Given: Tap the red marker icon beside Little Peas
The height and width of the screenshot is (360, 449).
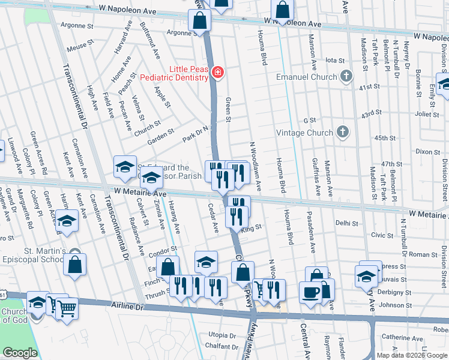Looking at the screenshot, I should [x=217, y=74].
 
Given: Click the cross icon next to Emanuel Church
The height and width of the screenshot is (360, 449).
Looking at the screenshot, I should [x=346, y=76].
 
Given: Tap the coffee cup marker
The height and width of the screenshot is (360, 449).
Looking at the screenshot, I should [x=310, y=292].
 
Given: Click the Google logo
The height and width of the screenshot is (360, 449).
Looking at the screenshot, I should [x=20, y=353].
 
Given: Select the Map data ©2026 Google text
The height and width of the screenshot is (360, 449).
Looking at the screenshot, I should [x=411, y=355].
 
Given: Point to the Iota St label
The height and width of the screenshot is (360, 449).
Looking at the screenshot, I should [x=334, y=61].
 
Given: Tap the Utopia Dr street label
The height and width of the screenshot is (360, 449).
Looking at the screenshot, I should [x=221, y=335].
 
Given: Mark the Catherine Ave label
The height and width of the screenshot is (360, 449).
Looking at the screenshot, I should [x=403, y=337].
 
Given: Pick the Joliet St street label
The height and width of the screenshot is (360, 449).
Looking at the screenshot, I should [x=427, y=113].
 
